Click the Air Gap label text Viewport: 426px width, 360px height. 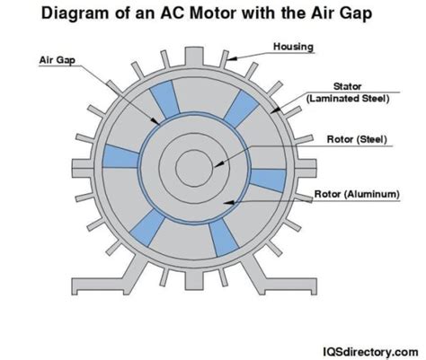click(58, 60)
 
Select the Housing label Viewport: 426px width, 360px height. click(293, 47)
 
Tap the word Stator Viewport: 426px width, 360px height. click(348, 86)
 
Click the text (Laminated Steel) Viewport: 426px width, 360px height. click(348, 99)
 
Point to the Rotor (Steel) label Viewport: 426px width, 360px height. click(357, 139)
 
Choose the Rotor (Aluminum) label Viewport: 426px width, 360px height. click(357, 194)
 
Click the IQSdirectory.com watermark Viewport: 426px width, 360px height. click(370, 351)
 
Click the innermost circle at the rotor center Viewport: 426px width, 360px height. click(194, 168)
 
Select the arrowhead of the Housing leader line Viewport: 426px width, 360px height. click(233, 58)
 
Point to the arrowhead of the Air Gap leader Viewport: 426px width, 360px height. click(155, 121)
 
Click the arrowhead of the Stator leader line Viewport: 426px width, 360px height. click(276, 110)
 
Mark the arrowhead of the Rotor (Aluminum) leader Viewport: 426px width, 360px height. click(228, 203)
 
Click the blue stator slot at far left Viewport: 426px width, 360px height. click(120, 156)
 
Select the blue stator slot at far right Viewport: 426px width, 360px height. click(268, 180)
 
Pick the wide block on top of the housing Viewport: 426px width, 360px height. click(194, 56)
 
